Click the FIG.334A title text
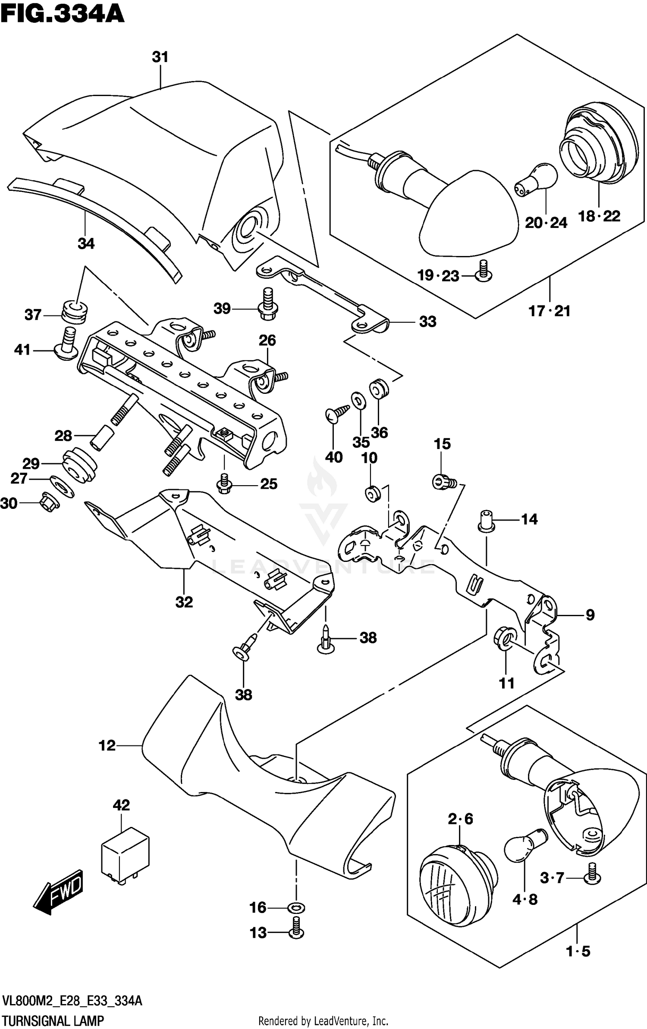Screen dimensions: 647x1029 [x=63, y=14]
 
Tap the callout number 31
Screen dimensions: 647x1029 [x=160, y=57]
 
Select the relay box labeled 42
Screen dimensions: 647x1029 [x=125, y=855]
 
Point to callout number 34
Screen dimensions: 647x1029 [x=86, y=243]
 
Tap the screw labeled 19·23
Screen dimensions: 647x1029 [x=483, y=271]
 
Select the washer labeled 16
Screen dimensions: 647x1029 [x=296, y=907]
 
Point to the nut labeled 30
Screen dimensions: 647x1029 [x=50, y=502]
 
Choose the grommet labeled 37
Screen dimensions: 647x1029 [x=75, y=312]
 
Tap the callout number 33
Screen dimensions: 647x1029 [x=427, y=321]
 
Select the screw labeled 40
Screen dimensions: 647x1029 [x=337, y=412]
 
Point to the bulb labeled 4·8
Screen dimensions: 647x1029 [x=525, y=845]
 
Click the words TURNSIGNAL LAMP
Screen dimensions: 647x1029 [x=53, y=1021]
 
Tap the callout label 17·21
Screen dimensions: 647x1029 [x=550, y=311]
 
